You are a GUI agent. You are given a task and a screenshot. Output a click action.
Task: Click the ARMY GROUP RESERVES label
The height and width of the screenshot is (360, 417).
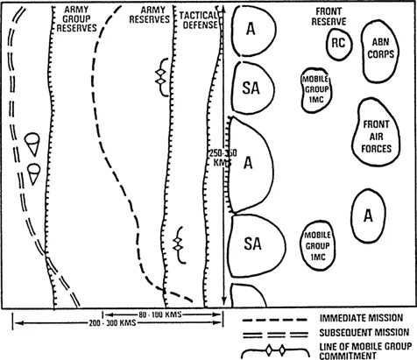click(76, 18)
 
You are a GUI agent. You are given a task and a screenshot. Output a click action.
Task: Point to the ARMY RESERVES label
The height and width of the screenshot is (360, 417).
click(150, 15)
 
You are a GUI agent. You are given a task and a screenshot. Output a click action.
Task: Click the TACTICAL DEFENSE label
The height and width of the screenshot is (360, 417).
click(199, 20)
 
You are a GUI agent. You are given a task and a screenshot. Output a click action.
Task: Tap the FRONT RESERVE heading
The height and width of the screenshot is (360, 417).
click(329, 17)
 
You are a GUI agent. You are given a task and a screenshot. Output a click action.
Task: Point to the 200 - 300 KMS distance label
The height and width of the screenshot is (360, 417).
click(112, 323)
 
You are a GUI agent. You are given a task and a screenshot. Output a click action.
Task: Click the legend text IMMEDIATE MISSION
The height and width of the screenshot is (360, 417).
click(362, 318)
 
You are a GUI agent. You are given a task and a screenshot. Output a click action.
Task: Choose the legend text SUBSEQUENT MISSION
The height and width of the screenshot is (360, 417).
click(364, 332)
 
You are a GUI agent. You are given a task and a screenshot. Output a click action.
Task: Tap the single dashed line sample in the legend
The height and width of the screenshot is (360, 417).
click(274, 320)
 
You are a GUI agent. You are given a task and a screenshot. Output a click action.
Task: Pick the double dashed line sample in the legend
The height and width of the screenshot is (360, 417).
click(275, 335)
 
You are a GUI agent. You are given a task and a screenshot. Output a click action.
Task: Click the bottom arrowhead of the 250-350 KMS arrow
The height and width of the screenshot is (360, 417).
click(223, 301)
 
